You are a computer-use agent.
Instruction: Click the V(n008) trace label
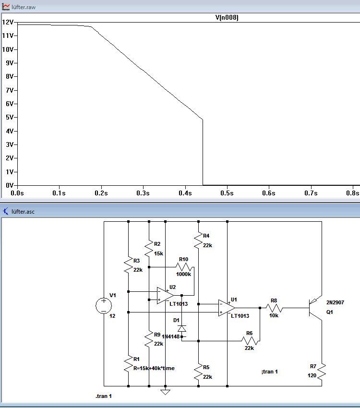(227, 18)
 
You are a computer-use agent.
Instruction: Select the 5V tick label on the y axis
(9, 118)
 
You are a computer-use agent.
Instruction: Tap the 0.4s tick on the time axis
(185, 193)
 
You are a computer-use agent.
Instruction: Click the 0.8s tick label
(353, 193)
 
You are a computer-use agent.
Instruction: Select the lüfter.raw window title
(23, 7)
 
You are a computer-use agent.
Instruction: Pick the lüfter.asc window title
(23, 211)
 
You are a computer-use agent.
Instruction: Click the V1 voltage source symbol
(103, 306)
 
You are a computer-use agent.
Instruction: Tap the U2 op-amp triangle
(165, 296)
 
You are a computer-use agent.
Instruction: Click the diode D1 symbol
(181, 328)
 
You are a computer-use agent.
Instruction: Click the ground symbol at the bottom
(165, 392)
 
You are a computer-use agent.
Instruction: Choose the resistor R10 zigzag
(184, 267)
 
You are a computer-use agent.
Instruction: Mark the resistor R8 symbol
(274, 308)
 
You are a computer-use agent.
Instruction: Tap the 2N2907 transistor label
(335, 302)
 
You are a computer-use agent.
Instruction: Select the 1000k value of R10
(183, 275)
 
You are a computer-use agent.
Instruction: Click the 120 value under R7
(312, 375)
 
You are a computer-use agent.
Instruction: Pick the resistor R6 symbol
(249, 341)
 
